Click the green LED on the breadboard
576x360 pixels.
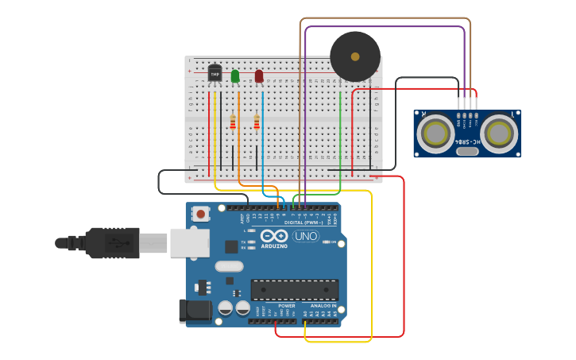click(234, 76)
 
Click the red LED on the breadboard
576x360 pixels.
click(259, 76)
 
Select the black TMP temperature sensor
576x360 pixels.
click(215, 73)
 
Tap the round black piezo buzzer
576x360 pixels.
click(355, 56)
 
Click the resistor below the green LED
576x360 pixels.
click(233, 122)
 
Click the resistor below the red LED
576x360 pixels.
click(257, 122)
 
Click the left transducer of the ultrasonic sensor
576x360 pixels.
click(436, 133)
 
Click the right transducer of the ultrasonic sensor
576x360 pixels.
click(498, 133)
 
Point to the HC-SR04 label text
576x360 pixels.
click(467, 141)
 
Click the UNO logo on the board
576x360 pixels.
click(305, 236)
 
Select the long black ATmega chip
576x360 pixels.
click(295, 290)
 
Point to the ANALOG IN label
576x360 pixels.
click(323, 305)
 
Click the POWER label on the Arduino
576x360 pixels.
click(287, 305)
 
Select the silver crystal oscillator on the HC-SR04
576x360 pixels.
click(468, 151)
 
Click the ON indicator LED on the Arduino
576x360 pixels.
click(327, 242)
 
